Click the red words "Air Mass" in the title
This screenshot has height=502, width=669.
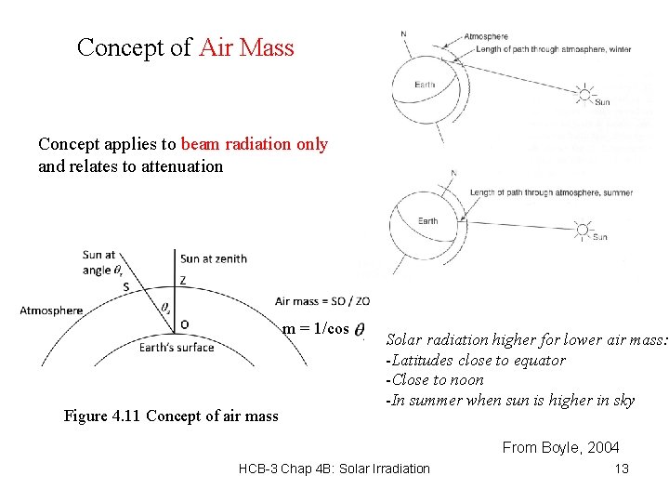(246, 47)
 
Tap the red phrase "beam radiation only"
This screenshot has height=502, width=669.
(254, 144)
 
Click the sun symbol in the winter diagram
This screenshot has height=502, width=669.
(584, 93)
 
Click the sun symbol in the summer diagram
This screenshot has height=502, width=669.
(583, 229)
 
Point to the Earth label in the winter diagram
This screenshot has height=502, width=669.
(425, 86)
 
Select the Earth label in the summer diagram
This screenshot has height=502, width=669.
(427, 220)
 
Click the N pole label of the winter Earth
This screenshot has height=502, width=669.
(403, 34)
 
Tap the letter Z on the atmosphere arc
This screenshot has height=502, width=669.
(183, 280)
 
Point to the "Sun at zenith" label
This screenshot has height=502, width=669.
(214, 258)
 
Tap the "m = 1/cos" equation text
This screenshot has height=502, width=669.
(316, 328)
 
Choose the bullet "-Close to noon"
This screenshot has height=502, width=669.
(434, 379)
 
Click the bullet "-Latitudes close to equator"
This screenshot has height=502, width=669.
(475, 360)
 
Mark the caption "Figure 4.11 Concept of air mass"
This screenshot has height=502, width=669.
(171, 416)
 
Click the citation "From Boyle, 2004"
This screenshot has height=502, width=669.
(560, 447)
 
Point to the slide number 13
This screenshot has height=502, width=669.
(622, 469)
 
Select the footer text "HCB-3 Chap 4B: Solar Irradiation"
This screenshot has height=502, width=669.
(334, 469)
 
